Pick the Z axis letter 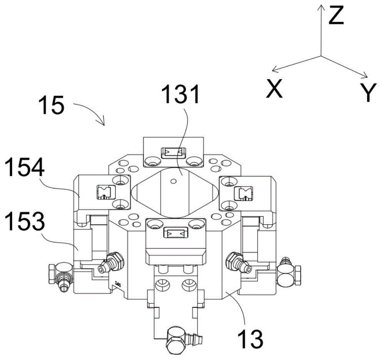click(336, 15)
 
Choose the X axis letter click(274, 88)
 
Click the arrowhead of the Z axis click(321, 8)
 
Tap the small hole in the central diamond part click(173, 181)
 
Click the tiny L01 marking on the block click(118, 284)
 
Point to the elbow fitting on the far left click(61, 277)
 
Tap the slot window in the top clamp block click(173, 153)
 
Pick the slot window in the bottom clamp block click(175, 233)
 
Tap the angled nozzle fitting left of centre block click(111, 262)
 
